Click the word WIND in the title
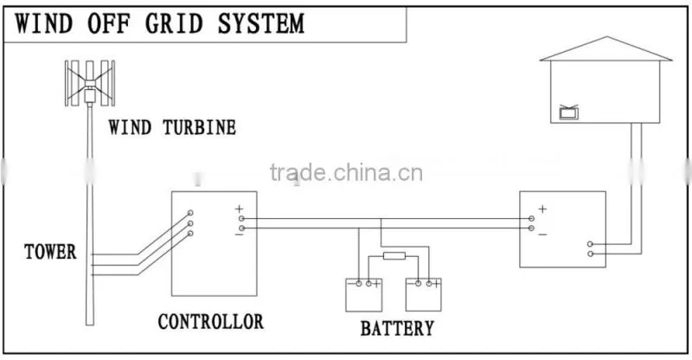click(x=44, y=23)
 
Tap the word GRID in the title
click(x=174, y=23)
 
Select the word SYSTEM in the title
click(x=261, y=23)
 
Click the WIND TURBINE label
click(x=172, y=128)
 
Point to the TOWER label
click(x=50, y=252)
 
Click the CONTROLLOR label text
click(x=210, y=322)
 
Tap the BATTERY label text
click(x=397, y=328)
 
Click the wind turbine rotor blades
click(x=90, y=83)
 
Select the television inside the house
click(x=569, y=112)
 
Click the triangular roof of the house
click(x=606, y=48)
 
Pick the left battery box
click(x=363, y=294)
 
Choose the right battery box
click(x=424, y=294)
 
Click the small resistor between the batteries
click(x=394, y=256)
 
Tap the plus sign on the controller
click(x=239, y=209)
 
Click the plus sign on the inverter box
click(x=542, y=209)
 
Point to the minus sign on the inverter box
click(x=542, y=235)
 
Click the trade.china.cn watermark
click(x=346, y=172)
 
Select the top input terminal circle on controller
click(x=190, y=213)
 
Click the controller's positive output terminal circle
click(x=241, y=219)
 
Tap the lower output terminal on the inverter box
click(x=590, y=254)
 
